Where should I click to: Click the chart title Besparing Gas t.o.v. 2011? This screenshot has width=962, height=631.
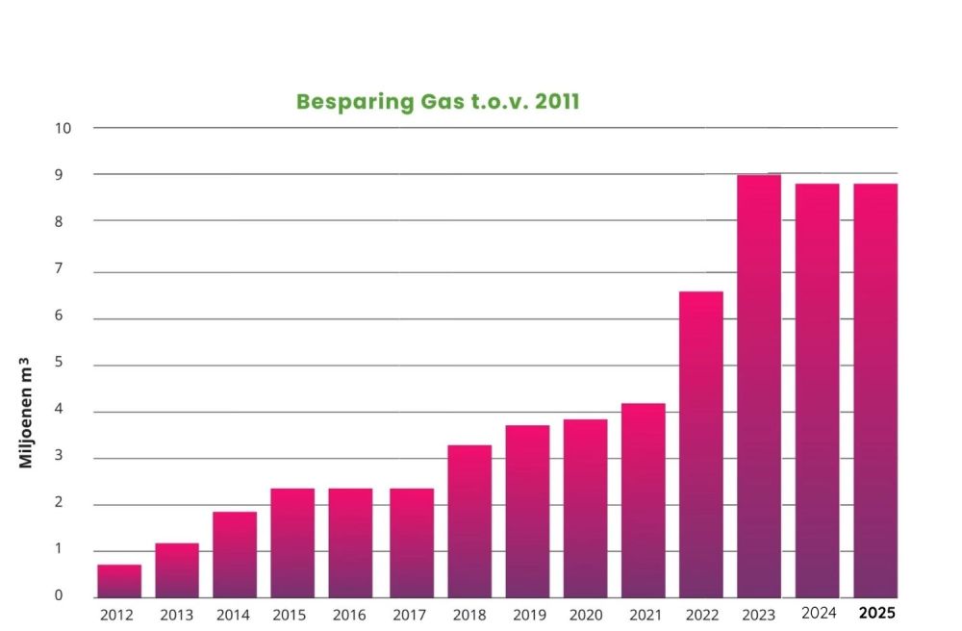pos(438,102)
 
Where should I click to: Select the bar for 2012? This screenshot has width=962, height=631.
pos(119,581)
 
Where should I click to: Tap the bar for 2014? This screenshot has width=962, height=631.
pos(235,555)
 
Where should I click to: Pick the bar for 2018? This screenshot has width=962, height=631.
pos(469,521)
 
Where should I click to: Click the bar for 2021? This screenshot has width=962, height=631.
pos(644,500)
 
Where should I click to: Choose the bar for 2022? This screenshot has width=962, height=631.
pos(701,444)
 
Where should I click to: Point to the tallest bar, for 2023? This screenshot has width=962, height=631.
pos(759,386)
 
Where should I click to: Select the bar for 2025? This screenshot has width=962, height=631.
pos(875,391)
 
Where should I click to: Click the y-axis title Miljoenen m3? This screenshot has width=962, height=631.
pos(27,412)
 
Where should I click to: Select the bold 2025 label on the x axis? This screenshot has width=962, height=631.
pos(875,613)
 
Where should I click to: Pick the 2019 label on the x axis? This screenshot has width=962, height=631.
pos(527,615)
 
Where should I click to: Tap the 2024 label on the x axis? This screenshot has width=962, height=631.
pos(818,613)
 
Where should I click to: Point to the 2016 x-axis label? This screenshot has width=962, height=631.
pos(350,615)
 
